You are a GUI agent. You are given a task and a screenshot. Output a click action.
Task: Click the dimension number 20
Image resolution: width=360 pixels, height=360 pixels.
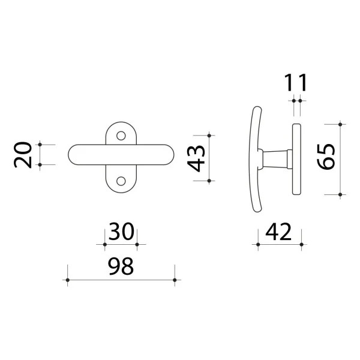pyautogui.click(x=23, y=155)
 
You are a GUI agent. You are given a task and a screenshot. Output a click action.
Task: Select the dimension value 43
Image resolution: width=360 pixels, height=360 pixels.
pyautogui.click(x=196, y=158)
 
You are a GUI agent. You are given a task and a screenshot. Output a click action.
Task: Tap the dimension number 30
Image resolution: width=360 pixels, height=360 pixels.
pyautogui.click(x=121, y=232)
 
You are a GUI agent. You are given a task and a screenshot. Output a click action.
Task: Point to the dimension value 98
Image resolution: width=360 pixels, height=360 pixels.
pyautogui.click(x=121, y=266)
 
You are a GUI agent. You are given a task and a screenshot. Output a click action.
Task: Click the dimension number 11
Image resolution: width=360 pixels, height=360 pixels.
pyautogui.click(x=296, y=83)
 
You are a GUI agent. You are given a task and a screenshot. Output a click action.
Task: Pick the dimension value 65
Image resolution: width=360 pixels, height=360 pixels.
pyautogui.click(x=326, y=157)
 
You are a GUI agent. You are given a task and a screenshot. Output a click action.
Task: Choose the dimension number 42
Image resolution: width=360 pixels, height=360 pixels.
pyautogui.click(x=278, y=232)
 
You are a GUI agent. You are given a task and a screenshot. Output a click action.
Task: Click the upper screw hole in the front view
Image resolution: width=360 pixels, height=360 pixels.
pyautogui.click(x=121, y=136)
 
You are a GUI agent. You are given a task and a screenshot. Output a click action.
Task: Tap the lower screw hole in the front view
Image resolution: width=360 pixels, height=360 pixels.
pyautogui.click(x=121, y=181)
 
